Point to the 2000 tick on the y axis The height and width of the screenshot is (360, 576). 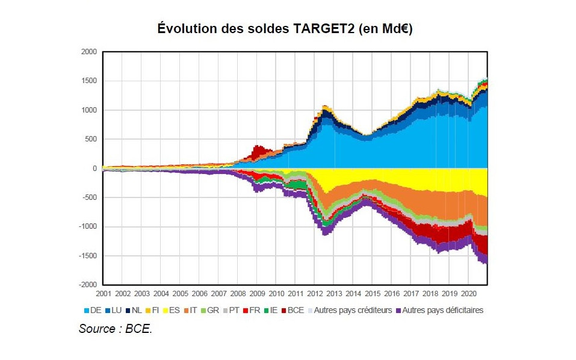click(88, 52)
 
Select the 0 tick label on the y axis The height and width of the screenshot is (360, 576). click(94, 169)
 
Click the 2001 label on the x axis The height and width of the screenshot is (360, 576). click(103, 294)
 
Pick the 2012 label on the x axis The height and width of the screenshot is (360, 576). click(315, 294)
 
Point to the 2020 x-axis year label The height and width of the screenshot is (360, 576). click(468, 294)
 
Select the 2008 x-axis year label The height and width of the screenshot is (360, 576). click(238, 294)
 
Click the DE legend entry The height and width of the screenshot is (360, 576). click(93, 310)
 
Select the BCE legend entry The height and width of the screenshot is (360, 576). click(292, 310)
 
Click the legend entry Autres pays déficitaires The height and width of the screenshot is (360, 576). click(443, 310)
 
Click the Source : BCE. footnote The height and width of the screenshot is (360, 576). click(115, 329)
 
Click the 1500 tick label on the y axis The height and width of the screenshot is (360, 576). click(88, 81)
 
